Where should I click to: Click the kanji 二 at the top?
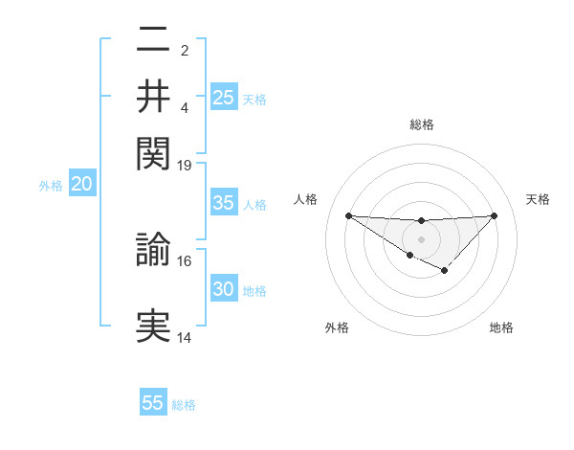tap(154, 41)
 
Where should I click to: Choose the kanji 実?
tap(154, 326)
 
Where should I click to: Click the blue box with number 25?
tap(224, 98)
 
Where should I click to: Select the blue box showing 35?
tap(224, 203)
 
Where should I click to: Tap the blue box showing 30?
tap(224, 289)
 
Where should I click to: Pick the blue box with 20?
tap(81, 184)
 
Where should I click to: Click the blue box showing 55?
tap(153, 403)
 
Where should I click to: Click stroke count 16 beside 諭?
tap(185, 260)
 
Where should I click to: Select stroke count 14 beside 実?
tap(185, 337)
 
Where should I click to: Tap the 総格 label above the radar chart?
tap(421, 124)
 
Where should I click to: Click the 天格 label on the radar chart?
tap(538, 199)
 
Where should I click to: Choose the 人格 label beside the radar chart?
tap(306, 199)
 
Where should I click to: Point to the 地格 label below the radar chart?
tap(501, 328)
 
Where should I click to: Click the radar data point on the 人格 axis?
tap(348, 215)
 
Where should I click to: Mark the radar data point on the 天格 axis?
tap(494, 215)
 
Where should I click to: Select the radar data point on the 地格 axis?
tap(444, 271)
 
